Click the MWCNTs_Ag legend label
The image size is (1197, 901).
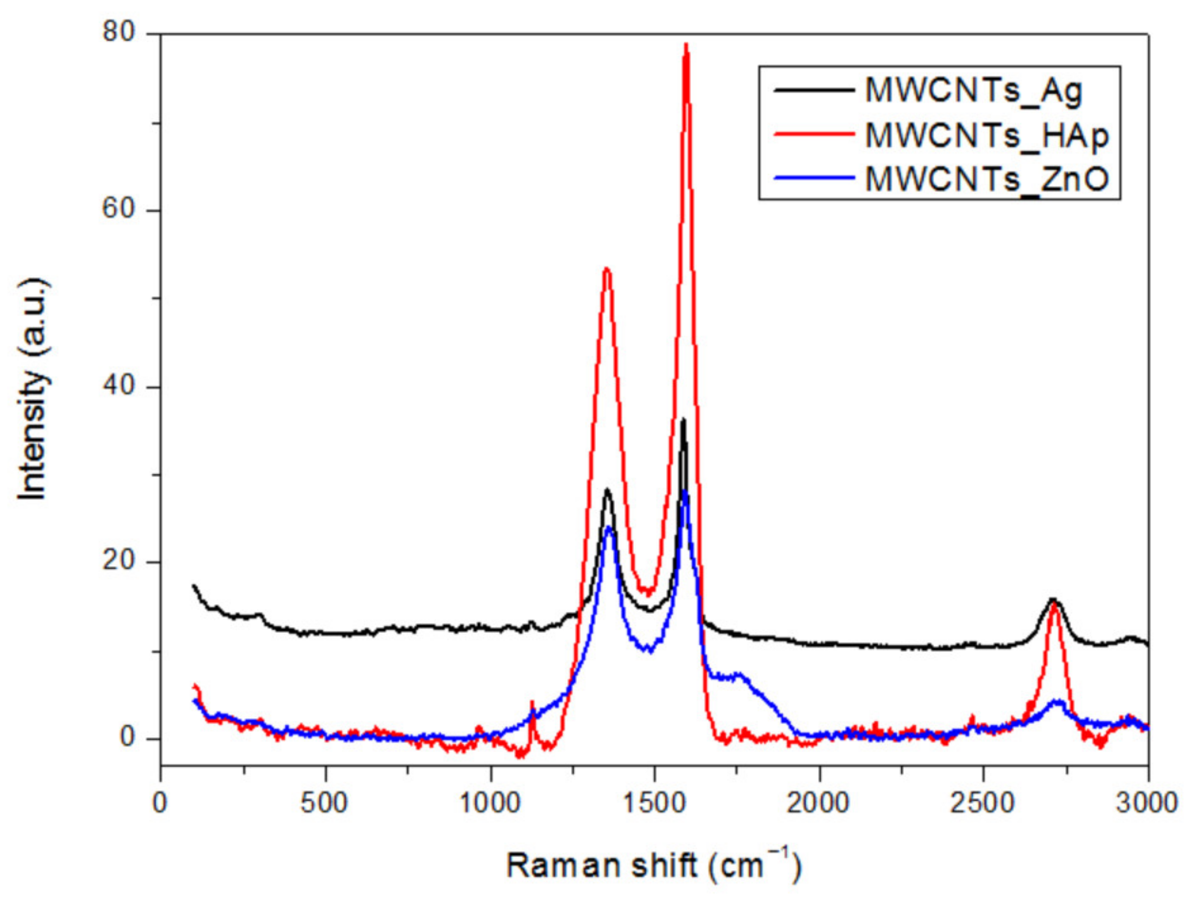point(973,91)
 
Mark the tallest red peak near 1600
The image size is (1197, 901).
point(686,46)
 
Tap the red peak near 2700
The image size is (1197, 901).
point(1053,605)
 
